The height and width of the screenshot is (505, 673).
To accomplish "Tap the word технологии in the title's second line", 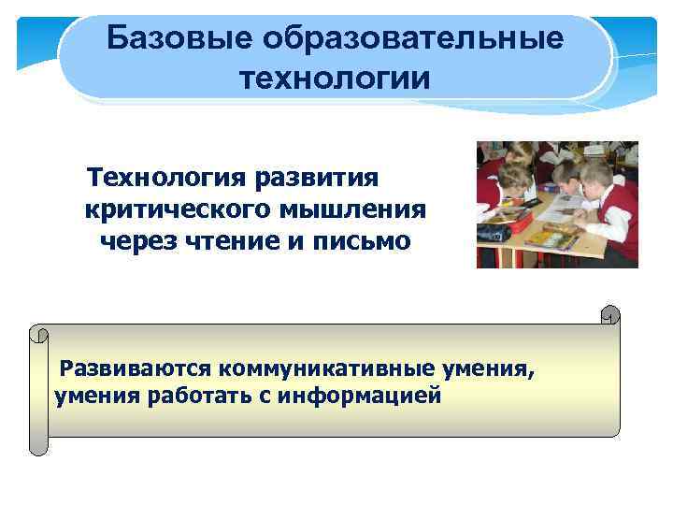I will [x=335, y=78].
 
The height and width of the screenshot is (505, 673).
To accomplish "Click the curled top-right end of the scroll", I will [x=609, y=315].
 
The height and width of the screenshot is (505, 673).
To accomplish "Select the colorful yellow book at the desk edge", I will [x=551, y=238].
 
